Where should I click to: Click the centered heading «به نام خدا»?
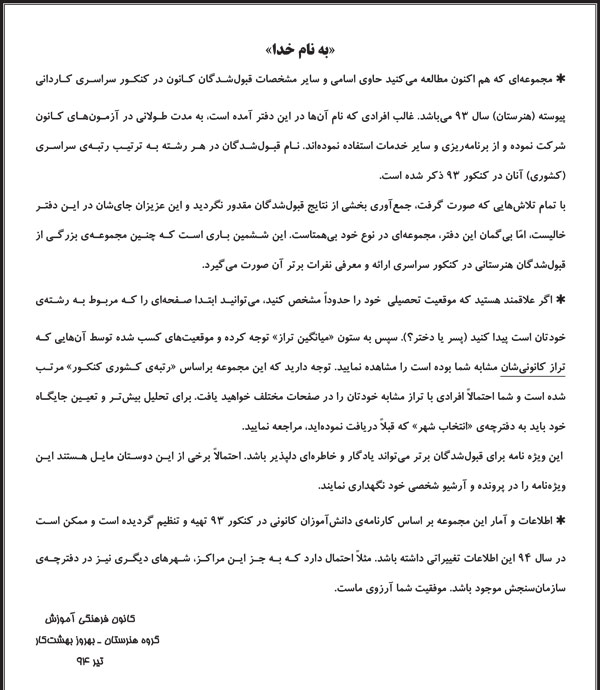300,47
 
